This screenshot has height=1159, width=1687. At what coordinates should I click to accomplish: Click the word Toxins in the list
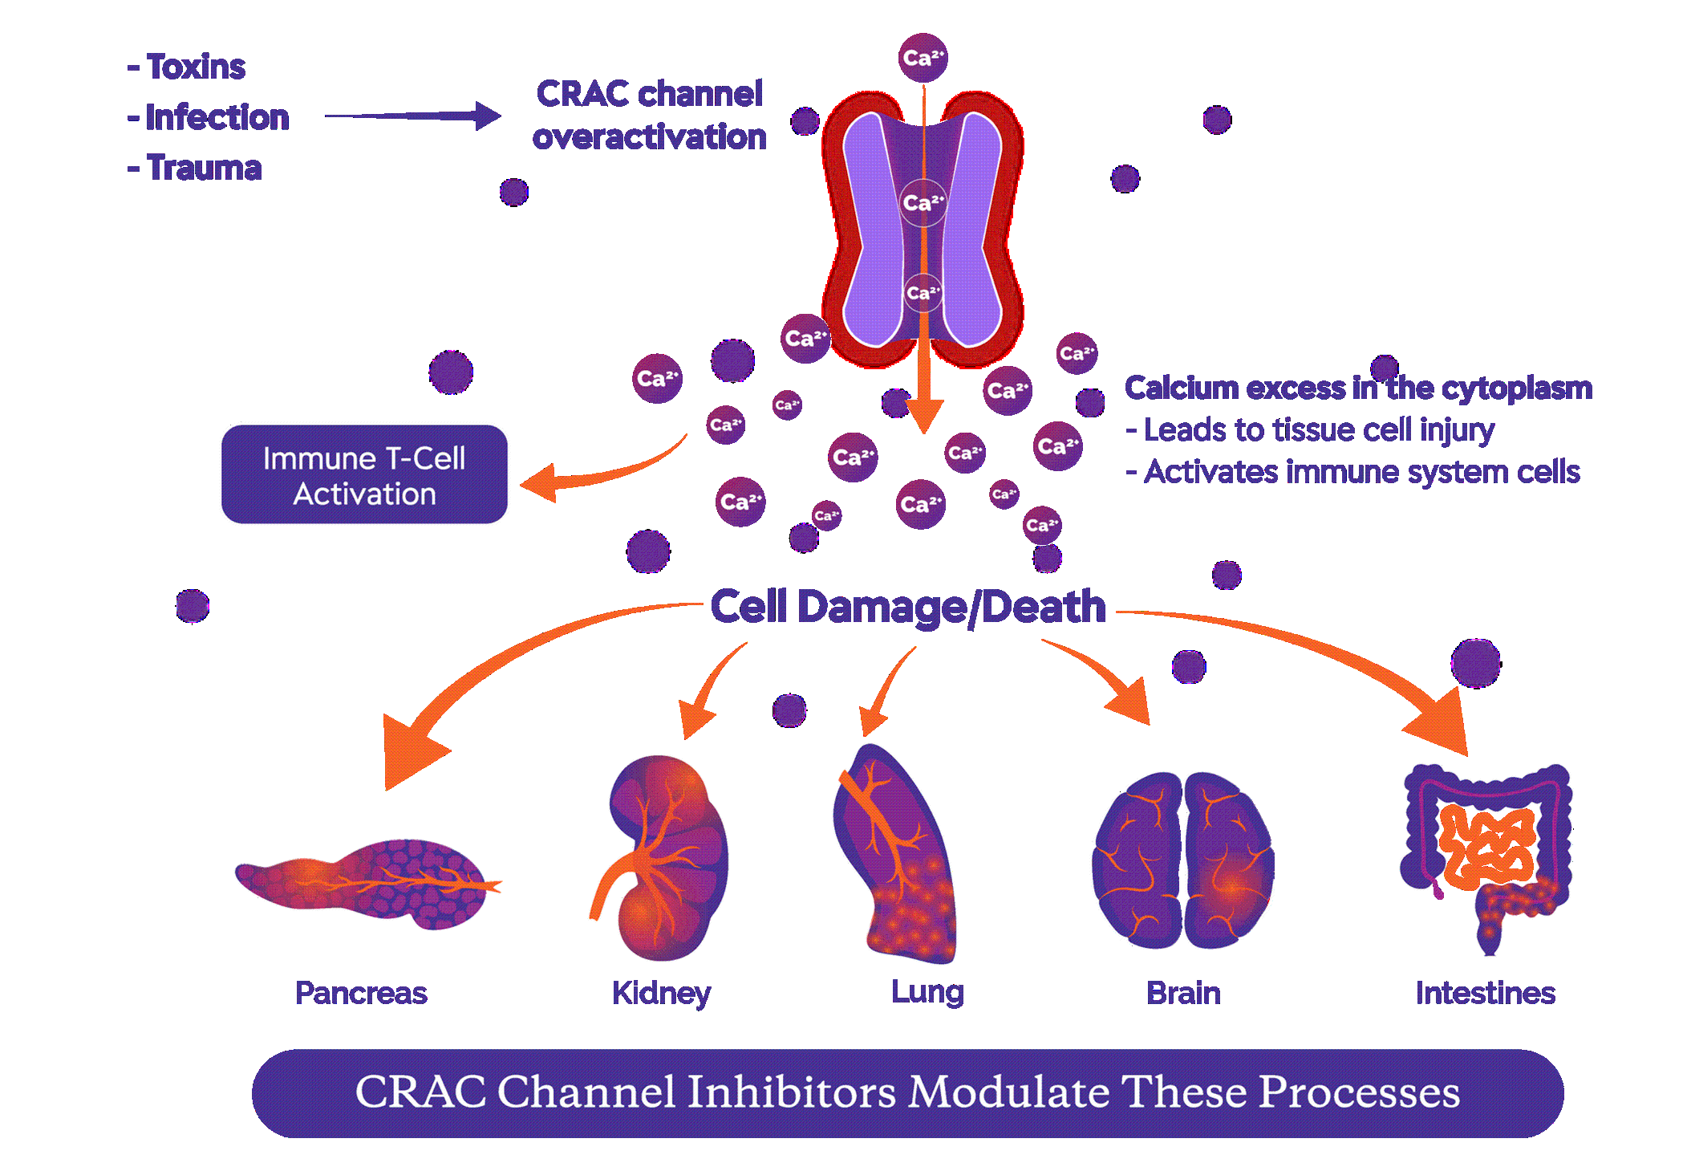(196, 67)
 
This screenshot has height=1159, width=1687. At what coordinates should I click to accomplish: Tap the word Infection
(217, 117)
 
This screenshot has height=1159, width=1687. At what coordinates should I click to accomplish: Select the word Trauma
(204, 168)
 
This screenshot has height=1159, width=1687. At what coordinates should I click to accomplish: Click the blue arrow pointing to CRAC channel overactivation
(412, 116)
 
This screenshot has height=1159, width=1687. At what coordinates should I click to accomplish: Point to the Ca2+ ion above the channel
(923, 58)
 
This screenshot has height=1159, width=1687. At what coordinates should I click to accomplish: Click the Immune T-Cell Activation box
(364, 475)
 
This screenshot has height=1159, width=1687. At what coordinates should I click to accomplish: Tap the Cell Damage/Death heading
(908, 607)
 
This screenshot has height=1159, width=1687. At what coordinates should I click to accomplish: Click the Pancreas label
(361, 993)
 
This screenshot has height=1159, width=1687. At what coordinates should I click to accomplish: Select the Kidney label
(661, 993)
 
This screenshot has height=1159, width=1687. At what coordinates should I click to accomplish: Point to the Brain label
(1183, 993)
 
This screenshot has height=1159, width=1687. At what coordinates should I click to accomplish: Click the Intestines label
(1485, 993)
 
